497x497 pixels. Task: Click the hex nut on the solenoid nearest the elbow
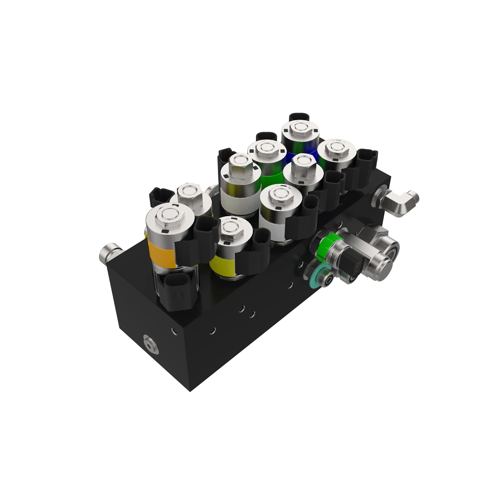(335, 149)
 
